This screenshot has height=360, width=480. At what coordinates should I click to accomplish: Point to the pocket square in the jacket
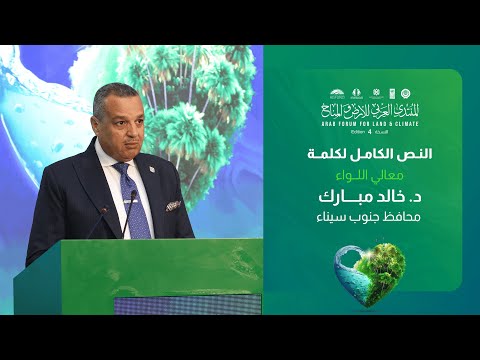173,205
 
